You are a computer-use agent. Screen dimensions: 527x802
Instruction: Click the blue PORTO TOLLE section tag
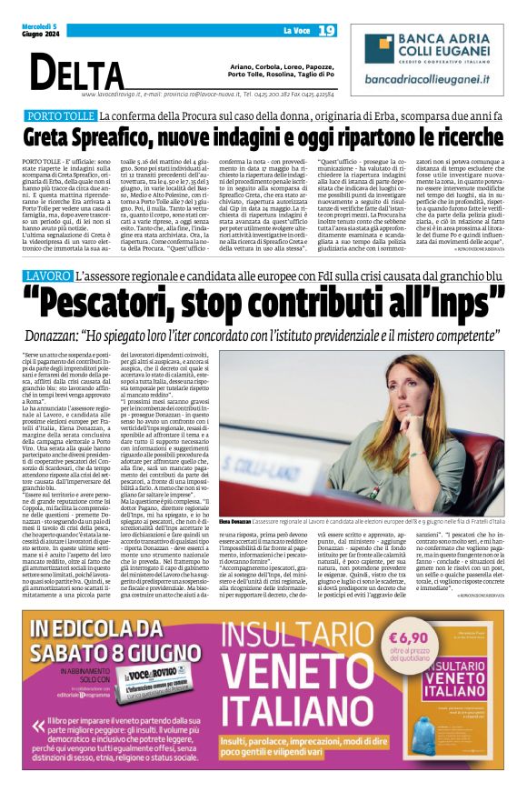point(61,116)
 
